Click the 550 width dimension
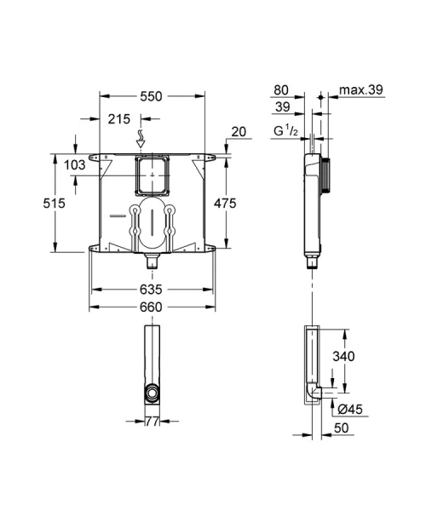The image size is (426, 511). [151, 97]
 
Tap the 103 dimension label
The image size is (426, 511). [75, 165]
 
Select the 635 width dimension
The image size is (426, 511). [151, 290]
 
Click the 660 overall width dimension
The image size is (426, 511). [151, 308]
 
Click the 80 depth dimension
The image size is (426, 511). [282, 88]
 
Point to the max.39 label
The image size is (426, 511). [360, 88]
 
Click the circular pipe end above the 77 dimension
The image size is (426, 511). [150, 394]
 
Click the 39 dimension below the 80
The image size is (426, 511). [282, 106]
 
